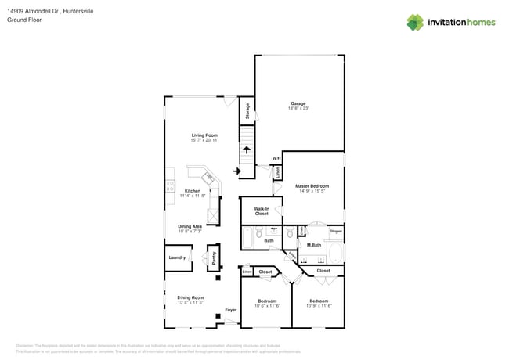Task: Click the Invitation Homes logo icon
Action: [415, 23]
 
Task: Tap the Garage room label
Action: [298, 103]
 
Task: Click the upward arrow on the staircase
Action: [246, 151]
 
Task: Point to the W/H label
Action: [276, 159]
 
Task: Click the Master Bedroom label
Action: [312, 186]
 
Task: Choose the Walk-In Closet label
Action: [261, 211]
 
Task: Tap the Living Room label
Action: [204, 135]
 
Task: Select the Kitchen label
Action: [192, 191]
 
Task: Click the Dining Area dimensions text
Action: [190, 232]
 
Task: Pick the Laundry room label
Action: [177, 257]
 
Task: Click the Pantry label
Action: [214, 257]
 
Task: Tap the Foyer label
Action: [231, 310]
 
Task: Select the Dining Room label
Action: [190, 297]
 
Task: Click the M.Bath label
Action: [314, 245]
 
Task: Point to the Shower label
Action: [335, 232]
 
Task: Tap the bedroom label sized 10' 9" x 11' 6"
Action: [319, 301]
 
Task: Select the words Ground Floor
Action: [24, 20]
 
